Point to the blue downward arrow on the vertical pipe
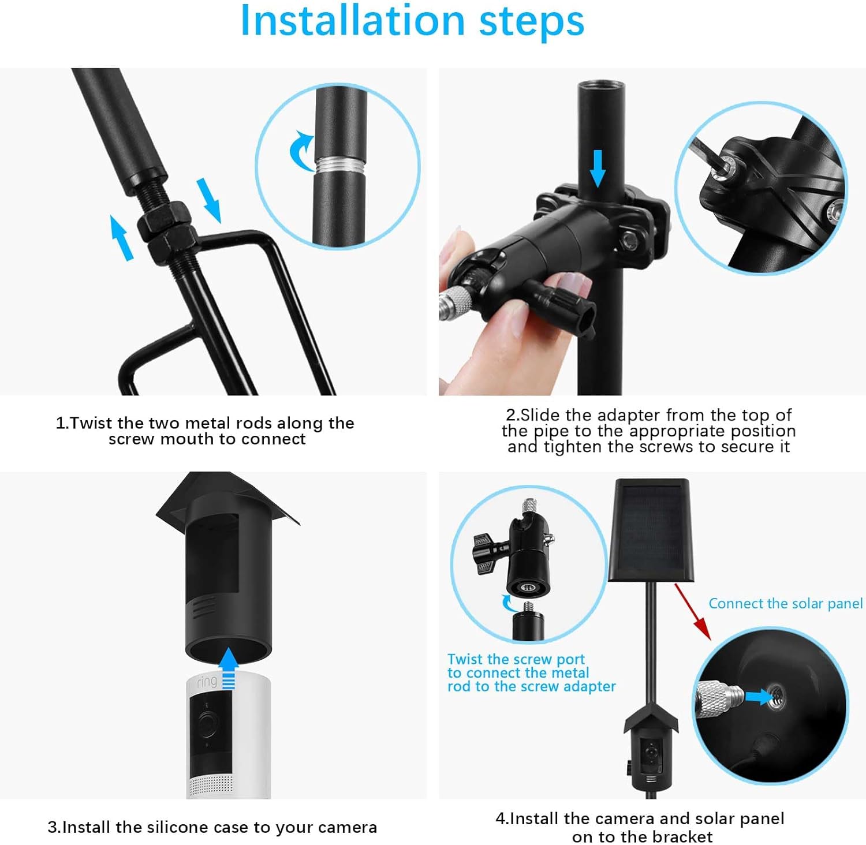(598, 168)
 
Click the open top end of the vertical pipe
(601, 87)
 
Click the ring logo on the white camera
(207, 682)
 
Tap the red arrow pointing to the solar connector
(692, 611)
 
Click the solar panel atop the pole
(650, 530)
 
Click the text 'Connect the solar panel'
(785, 604)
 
